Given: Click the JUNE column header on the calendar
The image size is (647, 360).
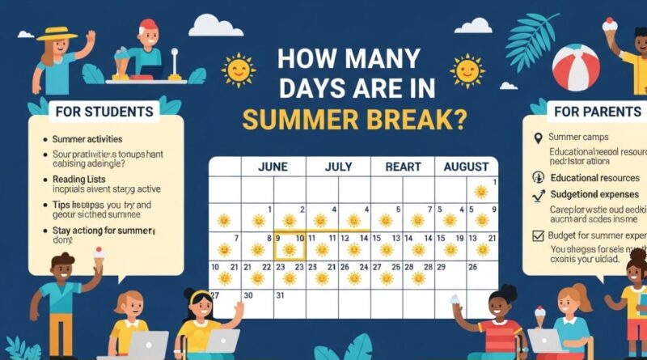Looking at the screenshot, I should click(273, 167).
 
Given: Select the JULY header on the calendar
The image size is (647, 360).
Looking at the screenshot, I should click(338, 167).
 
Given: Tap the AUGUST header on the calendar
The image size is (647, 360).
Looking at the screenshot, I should click(466, 167).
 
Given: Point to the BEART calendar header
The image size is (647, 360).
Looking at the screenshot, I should click(402, 167).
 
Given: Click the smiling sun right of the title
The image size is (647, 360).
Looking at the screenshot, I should click(467, 70).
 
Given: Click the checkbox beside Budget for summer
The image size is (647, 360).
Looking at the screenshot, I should click(539, 235).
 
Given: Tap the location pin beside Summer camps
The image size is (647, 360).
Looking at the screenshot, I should click(537, 138).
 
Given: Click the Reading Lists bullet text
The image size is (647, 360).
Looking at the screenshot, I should click(82, 178).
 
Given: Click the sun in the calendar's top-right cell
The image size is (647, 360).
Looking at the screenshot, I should click(481, 191).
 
